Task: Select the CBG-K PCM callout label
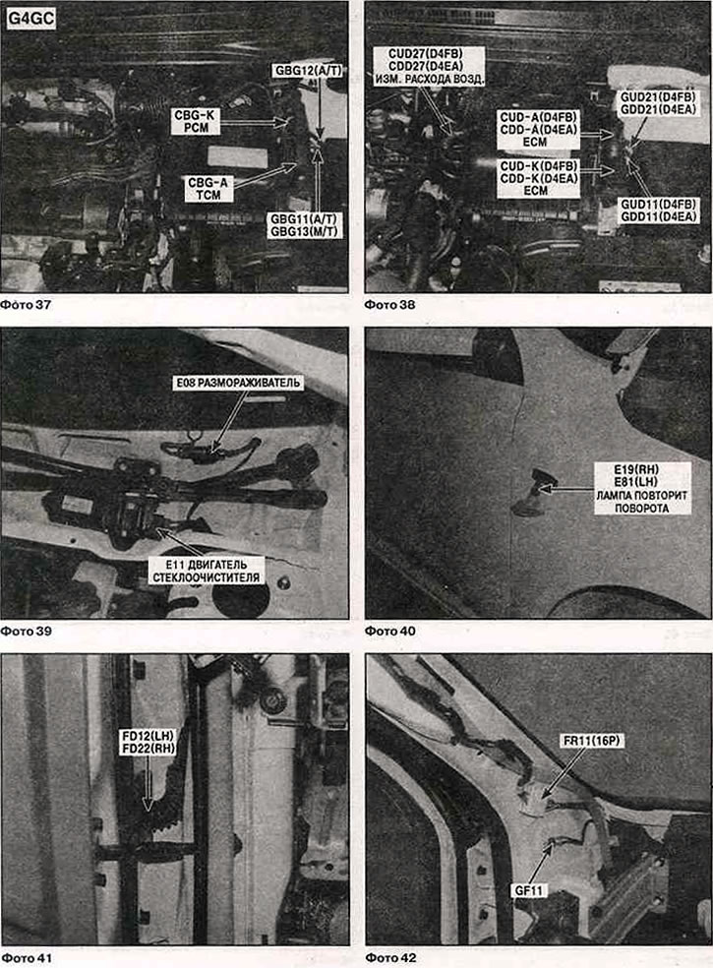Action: (196, 122)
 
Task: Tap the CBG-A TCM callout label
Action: (208, 189)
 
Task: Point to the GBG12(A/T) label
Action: (308, 71)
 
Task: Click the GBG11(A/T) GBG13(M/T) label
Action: (304, 225)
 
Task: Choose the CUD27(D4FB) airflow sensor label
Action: (429, 66)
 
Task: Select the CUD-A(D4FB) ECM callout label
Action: (538, 130)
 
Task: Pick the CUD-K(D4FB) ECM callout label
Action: (538, 178)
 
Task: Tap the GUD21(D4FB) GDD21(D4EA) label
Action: (658, 103)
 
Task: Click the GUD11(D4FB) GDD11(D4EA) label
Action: (659, 211)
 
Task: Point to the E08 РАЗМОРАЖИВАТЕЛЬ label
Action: (238, 383)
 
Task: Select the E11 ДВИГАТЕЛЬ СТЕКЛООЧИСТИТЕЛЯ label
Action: (207, 571)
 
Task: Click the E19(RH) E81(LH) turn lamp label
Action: (642, 488)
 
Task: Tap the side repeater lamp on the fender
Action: (533, 491)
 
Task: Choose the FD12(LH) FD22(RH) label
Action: (149, 742)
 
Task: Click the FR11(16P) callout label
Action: (591, 740)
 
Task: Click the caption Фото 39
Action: (27, 631)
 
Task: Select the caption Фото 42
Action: (390, 957)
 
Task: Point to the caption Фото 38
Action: (390, 304)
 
